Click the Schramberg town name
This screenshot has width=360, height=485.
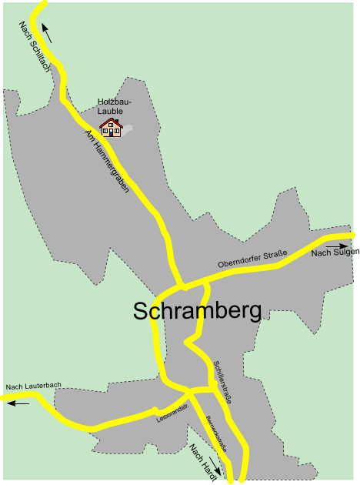[x=197, y=310]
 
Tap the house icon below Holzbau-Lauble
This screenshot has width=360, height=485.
[x=111, y=128]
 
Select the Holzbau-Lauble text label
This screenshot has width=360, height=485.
[x=115, y=106]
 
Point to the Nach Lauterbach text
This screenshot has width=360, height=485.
[x=33, y=386]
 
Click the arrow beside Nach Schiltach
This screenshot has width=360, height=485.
[x=48, y=33]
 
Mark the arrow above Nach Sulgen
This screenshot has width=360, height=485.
[x=336, y=246]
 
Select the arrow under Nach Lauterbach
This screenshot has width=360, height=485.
[x=18, y=403]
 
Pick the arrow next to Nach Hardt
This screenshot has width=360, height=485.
[x=215, y=467]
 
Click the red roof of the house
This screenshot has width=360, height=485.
[x=111, y=122]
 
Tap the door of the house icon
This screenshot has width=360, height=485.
[x=111, y=132]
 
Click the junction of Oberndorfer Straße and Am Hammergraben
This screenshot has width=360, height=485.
[x=182, y=286]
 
